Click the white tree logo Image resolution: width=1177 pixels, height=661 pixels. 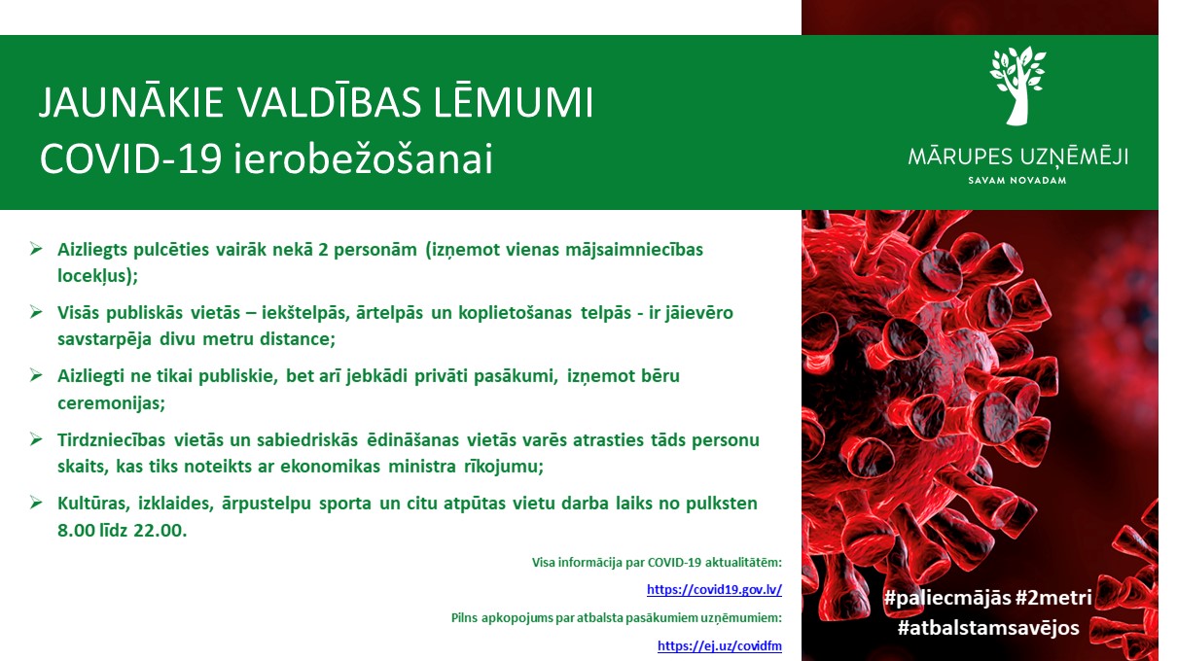[1017, 85]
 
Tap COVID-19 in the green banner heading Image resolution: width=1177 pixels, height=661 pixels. [131, 158]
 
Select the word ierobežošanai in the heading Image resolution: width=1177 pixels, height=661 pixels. [363, 157]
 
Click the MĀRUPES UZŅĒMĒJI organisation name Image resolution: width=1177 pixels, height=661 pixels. [1017, 157]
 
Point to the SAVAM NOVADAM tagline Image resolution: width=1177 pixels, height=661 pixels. [1017, 181]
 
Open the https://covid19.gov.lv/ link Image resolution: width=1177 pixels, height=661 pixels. [714, 590]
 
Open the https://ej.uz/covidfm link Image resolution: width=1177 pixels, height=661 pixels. [720, 645]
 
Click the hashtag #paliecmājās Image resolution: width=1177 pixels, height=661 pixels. [947, 598]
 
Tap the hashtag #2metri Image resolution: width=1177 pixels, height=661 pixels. [1053, 598]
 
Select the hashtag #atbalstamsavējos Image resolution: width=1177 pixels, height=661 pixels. [988, 628]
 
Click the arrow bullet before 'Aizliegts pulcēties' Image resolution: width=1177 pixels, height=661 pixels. [36, 248]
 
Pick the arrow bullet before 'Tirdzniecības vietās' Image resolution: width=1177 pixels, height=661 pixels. [36, 439]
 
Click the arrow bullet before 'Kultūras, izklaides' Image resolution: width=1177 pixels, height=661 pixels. [36, 503]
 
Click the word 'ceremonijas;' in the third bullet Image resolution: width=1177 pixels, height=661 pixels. [112, 403]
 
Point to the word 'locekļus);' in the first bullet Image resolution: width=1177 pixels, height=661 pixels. [97, 276]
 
